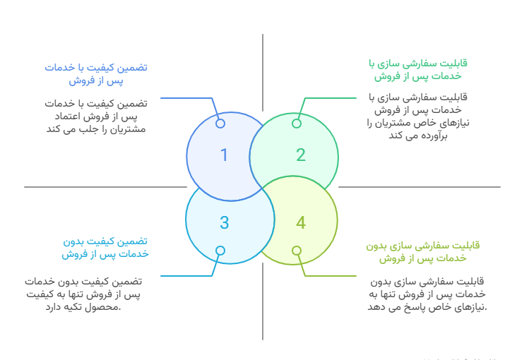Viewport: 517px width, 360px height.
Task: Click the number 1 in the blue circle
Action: click(224, 155)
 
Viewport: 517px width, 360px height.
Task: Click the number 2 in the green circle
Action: click(300, 155)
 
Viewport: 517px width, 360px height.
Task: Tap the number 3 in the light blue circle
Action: click(224, 223)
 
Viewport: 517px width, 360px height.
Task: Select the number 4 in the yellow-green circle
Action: click(300, 223)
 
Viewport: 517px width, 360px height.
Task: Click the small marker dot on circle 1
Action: click(220, 124)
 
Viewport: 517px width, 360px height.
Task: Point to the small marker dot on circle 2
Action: click(297, 124)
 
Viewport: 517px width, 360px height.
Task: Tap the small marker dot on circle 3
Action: click(220, 251)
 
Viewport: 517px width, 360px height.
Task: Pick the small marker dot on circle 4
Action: click(297, 251)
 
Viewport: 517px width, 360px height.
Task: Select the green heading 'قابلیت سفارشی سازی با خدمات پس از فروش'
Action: click(417, 68)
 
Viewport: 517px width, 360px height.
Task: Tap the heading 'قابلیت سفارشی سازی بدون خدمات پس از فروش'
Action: click(422, 252)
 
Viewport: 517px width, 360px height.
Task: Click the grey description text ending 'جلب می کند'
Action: click(96, 116)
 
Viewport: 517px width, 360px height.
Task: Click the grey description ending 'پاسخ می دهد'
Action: click(427, 294)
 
